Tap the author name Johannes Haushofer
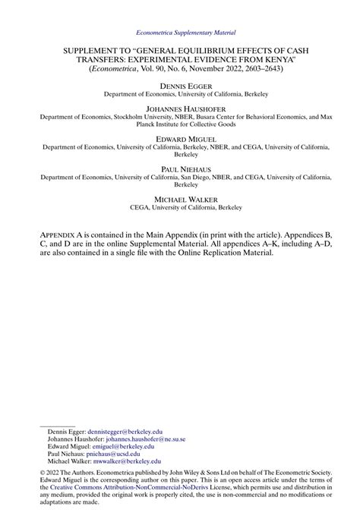pos(180,109)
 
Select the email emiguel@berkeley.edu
pos(112,446)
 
